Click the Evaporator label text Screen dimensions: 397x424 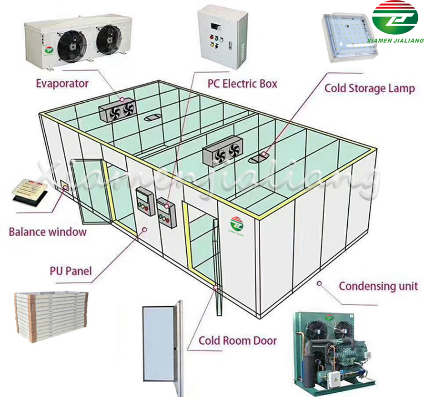pos(62,84)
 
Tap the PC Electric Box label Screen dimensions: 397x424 pos(242,84)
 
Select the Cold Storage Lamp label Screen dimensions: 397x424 pos(369,88)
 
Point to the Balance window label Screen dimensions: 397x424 pos(48,232)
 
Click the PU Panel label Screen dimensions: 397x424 pos(71,271)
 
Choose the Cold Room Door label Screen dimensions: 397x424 pos(237,340)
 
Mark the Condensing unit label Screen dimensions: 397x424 pos(378,286)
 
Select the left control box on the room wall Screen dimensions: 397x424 pos(143,201)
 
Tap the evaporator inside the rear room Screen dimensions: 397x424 pos(117,110)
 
